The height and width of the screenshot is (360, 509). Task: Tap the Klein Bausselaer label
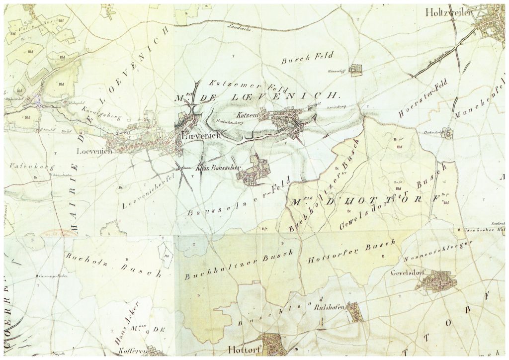click(218, 168)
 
